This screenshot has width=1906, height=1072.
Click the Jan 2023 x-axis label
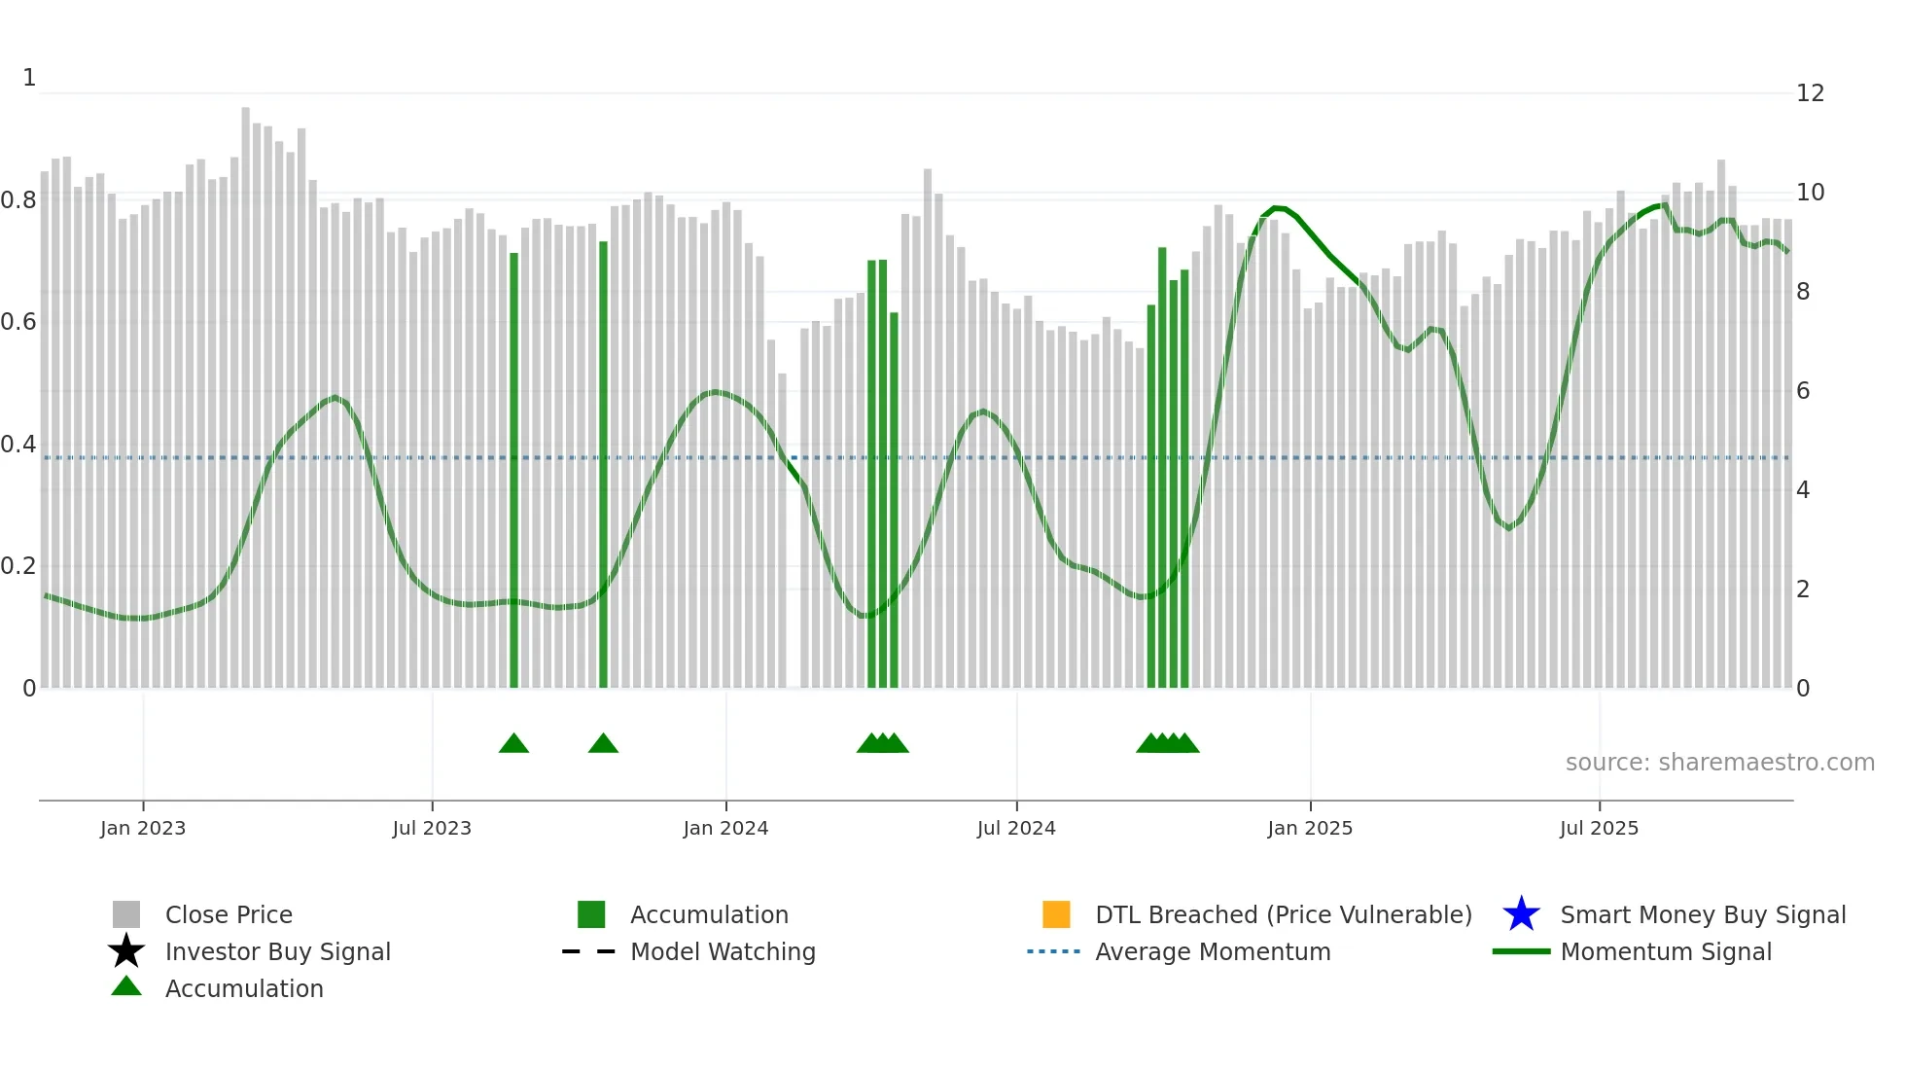pyautogui.click(x=142, y=828)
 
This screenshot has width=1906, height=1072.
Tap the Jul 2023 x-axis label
pyautogui.click(x=432, y=828)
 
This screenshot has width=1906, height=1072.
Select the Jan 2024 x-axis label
pyautogui.click(x=725, y=828)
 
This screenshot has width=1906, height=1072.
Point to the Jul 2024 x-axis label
pyautogui.click(x=1016, y=828)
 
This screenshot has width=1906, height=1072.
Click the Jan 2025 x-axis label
pyautogui.click(x=1310, y=828)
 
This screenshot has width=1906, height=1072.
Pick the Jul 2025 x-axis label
pyautogui.click(x=1599, y=828)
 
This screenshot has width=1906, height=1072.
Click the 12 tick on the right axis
pyautogui.click(x=1810, y=93)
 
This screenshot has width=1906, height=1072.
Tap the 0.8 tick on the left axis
pyautogui.click(x=18, y=200)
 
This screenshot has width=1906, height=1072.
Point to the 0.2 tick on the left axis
pyautogui.click(x=18, y=566)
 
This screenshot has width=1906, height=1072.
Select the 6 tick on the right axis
pyautogui.click(x=1803, y=391)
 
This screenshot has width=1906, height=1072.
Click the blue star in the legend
pyautogui.click(x=1521, y=914)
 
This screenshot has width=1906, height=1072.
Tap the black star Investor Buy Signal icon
pyautogui.click(x=126, y=951)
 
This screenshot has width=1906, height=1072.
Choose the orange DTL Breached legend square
pyautogui.click(x=1056, y=914)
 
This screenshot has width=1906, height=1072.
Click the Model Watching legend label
pyautogui.click(x=723, y=951)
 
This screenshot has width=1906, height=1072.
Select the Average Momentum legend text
pyautogui.click(x=1213, y=951)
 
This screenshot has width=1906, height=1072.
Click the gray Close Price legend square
pyautogui.click(x=126, y=914)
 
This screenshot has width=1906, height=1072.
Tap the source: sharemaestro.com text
pyautogui.click(x=1719, y=763)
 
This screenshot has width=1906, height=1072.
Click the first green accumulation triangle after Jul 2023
pyautogui.click(x=513, y=744)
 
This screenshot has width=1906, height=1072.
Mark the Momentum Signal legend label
pyautogui.click(x=1666, y=951)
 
